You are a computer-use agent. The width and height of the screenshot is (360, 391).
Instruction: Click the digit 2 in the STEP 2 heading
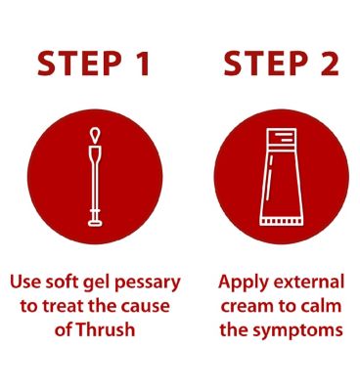(329, 64)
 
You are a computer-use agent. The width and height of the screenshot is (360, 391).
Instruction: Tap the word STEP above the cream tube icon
(266, 64)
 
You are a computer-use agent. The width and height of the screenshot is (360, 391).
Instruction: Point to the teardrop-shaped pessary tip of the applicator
(95, 136)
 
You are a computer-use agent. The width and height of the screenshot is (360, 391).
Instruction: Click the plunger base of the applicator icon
(95, 223)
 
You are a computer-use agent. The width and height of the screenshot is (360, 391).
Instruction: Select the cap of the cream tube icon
(282, 137)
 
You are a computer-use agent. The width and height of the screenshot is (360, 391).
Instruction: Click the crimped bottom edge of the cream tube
(281, 221)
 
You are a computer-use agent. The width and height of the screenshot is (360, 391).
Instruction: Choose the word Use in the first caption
(25, 282)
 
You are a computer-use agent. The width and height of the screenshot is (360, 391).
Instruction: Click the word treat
(63, 306)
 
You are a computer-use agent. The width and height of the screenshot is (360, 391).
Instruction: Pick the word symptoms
(298, 330)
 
